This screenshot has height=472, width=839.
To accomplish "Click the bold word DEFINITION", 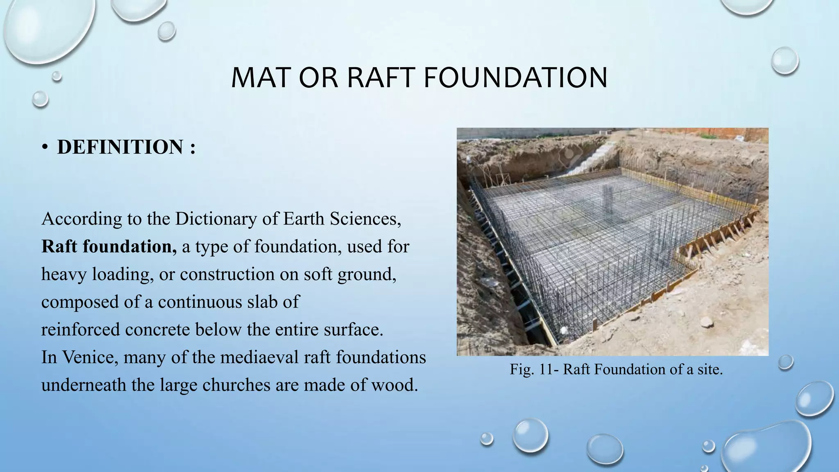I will [x=120, y=147].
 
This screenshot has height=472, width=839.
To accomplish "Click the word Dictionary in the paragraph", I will [x=215, y=219].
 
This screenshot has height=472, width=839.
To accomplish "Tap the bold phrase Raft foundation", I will [x=109, y=247].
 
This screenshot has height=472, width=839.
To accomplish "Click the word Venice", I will [x=89, y=357].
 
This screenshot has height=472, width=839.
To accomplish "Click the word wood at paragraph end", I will [x=396, y=385].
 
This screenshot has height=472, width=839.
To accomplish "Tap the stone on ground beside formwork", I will [x=707, y=322].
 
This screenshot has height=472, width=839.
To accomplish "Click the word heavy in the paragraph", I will [x=64, y=274].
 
